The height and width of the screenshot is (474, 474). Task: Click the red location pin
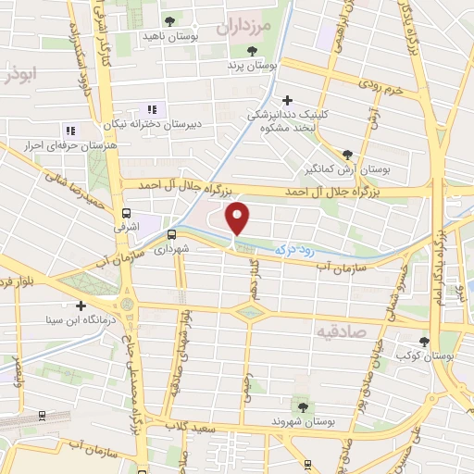click(x=238, y=218)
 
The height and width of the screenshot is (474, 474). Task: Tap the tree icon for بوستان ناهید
click(x=168, y=21)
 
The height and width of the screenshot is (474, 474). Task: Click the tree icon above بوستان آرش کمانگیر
click(x=347, y=155)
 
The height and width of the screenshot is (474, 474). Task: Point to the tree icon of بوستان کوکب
click(x=424, y=341)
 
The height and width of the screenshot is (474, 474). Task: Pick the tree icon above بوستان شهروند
click(x=303, y=405)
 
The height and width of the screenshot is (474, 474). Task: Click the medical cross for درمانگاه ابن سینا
click(x=81, y=306)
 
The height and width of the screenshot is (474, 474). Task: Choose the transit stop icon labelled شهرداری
click(x=171, y=234)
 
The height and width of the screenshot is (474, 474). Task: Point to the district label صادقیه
click(x=366, y=331)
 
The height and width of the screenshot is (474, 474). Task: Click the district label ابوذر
click(x=18, y=74)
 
